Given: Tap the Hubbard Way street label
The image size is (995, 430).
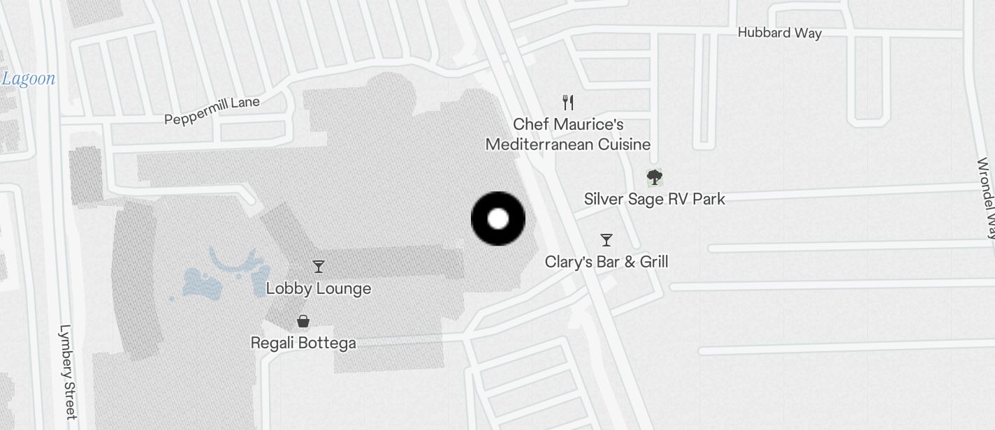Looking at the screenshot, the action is point(779,33).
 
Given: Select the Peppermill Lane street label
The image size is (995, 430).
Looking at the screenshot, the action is point(212,110).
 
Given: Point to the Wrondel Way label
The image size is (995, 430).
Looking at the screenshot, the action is point(986,199).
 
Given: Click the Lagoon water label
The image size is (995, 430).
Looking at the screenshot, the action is point(28,78).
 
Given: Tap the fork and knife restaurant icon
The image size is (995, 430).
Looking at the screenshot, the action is point(568,103).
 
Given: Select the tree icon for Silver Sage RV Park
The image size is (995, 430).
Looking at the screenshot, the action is point(654,177).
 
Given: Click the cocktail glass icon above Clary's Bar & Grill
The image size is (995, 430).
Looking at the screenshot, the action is point(607,240).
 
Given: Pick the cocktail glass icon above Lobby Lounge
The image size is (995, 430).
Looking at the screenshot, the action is point(319,266).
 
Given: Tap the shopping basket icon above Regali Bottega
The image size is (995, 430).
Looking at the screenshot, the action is point(303,321).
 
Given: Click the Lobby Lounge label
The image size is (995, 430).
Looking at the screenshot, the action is point(319,288).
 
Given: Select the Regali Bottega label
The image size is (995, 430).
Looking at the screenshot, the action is point(303,343).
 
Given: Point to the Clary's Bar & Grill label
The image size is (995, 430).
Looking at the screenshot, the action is point(607,262).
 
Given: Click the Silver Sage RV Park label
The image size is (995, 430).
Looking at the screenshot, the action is point(654,199).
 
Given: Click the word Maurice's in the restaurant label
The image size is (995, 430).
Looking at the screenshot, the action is point(589,124).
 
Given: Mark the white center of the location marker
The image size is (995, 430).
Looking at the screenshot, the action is point(498,218).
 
